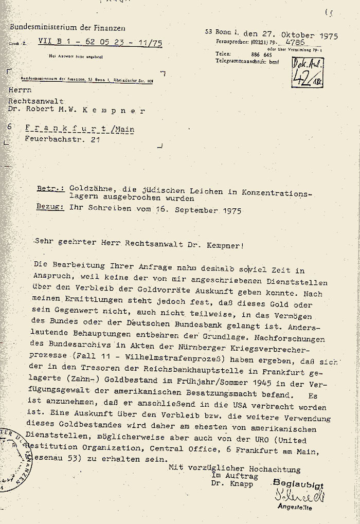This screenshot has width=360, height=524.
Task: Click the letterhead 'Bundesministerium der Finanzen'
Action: pos(67,28)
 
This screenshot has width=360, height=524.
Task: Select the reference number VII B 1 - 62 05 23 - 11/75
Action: pos(100,44)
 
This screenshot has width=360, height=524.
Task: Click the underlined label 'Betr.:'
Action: pos(50,190)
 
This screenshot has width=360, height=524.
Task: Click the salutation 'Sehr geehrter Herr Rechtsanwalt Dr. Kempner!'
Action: pos(138,245)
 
